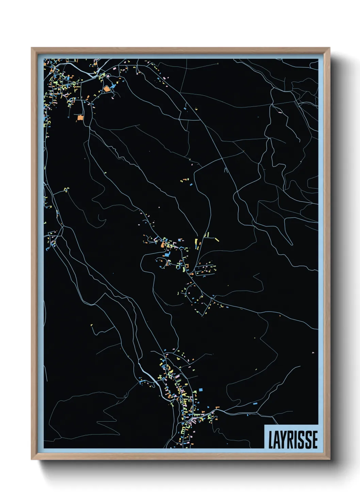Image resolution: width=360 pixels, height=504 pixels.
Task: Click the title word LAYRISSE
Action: pyautogui.click(x=293, y=440)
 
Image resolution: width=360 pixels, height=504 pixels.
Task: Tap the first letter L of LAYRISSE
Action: pyautogui.click(x=271, y=440)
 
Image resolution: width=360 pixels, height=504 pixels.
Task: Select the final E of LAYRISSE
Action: pyautogui.click(x=315, y=440)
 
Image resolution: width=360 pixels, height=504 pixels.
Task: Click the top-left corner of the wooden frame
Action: pyautogui.click(x=32, y=48)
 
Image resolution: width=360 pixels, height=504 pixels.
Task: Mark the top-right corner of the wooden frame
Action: pyautogui.click(x=329, y=48)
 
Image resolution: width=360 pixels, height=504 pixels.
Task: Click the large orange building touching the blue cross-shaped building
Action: pyautogui.click(x=107, y=89)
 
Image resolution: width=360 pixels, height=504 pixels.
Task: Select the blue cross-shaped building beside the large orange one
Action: pyautogui.click(x=113, y=86)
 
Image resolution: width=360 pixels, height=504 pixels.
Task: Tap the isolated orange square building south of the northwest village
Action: pyautogui.click(x=80, y=117)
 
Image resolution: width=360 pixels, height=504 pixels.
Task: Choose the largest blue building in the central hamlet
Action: pyautogui.click(x=167, y=254)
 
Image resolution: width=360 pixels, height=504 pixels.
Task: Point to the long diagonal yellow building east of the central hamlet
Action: pyautogui.click(x=216, y=240)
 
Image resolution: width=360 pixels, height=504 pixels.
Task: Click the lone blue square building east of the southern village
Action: pyautogui.click(x=201, y=389)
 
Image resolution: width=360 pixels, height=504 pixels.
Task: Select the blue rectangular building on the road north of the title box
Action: pyautogui.click(x=255, y=403)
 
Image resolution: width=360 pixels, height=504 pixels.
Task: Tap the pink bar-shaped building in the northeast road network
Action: pyautogui.click(x=280, y=112)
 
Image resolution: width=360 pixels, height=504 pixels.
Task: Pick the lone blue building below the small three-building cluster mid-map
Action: pyautogui.click(x=191, y=184)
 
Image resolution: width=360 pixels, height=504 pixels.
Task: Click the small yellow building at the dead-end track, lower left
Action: pyautogui.click(x=92, y=326)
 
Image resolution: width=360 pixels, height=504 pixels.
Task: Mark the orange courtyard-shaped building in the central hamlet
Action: pyautogui.click(x=163, y=245)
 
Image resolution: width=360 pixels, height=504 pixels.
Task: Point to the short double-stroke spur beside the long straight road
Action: pyautogui.click(x=225, y=169)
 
